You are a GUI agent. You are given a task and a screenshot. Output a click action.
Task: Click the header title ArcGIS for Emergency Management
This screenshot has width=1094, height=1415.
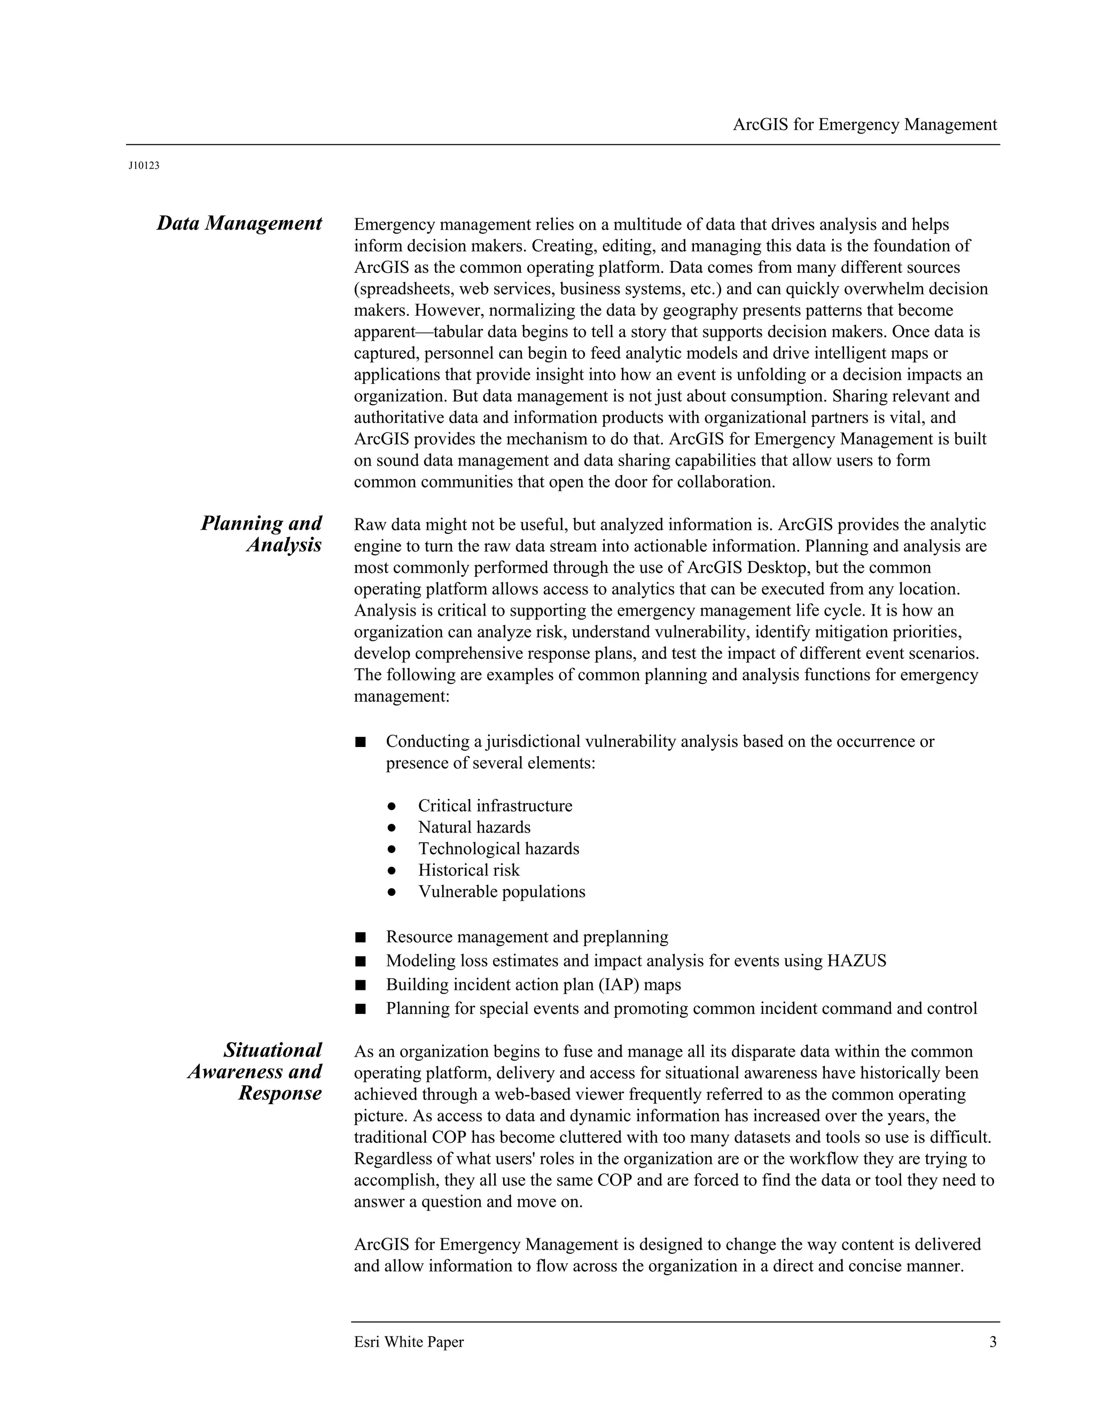coord(865,124)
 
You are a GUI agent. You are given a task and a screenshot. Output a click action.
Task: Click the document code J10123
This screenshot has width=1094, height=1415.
coord(144,166)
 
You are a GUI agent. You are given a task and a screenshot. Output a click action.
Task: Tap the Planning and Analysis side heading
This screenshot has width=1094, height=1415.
coord(261,534)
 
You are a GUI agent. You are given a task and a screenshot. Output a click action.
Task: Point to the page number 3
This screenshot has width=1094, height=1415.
coord(993,1342)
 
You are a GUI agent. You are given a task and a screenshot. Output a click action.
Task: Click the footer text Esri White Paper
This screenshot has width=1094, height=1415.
coord(409,1342)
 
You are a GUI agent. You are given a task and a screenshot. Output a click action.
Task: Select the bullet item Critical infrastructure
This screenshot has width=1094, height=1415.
coord(495,805)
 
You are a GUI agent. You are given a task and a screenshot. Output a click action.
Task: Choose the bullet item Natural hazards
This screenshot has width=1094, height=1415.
coord(474,827)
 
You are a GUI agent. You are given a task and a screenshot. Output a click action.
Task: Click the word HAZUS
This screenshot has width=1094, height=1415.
coord(856,960)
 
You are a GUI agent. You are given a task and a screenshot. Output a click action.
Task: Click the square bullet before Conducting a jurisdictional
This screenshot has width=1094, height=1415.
coord(361,741)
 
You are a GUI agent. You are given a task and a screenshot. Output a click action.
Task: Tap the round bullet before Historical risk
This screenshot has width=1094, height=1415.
coord(392,870)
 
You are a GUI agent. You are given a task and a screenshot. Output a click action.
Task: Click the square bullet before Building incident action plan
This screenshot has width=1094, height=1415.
coord(361,985)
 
